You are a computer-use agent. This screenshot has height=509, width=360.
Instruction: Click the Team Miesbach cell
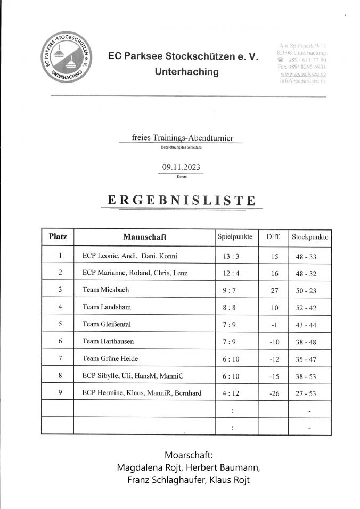pos(106,290)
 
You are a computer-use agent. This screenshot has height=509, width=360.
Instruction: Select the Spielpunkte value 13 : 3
pos(234,256)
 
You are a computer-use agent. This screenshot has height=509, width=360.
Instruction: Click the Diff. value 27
pos(275,290)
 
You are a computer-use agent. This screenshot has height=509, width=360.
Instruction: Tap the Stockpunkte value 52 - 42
pos(309,307)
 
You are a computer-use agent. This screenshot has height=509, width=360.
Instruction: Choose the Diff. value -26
pos(274,393)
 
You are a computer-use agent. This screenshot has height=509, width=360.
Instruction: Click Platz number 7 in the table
pos(60,358)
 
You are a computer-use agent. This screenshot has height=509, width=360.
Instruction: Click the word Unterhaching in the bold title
pos(186,71)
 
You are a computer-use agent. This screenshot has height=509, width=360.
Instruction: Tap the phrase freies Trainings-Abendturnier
pos(180,138)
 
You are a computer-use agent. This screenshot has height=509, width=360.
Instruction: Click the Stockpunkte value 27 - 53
pos(309,393)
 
